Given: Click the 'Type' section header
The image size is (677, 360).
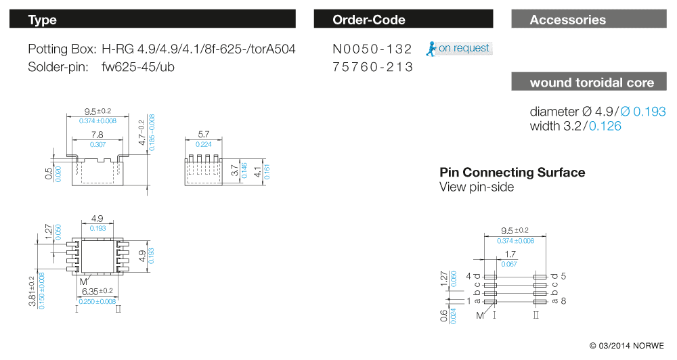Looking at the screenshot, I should point(42,20).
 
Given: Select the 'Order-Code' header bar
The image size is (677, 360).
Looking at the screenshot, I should point(368,20).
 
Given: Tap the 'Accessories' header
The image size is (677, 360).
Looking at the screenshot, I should point(567,20).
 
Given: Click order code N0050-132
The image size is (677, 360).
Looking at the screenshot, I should point(372,49).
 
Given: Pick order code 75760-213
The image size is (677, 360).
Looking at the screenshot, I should point(372,67).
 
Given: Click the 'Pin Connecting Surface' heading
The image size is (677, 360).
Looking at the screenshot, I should point(512,172).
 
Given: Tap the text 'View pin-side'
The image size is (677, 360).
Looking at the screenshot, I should point(477,187).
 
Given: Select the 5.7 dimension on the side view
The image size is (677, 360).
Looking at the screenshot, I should point(204,135).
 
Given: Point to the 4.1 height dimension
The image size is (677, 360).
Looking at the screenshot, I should point(258,171).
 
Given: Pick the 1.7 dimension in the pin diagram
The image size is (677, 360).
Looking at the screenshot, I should point(510,255).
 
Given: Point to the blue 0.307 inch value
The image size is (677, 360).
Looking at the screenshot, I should point(100,144).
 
